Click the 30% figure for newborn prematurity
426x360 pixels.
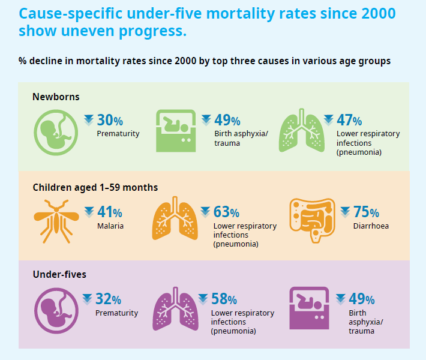click(x=109, y=121)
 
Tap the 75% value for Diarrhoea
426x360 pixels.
click(x=365, y=212)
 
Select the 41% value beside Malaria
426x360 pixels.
click(x=109, y=212)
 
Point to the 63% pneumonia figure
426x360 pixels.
click(x=226, y=212)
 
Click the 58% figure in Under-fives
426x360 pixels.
click(x=224, y=299)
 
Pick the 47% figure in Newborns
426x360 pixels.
click(x=349, y=121)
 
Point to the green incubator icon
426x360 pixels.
click(x=175, y=131)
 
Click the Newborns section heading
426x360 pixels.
click(x=56, y=96)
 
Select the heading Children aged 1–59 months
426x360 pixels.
click(x=95, y=187)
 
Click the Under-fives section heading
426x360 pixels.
click(x=59, y=275)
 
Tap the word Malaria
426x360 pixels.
click(x=110, y=226)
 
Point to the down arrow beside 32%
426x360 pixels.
click(x=87, y=299)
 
